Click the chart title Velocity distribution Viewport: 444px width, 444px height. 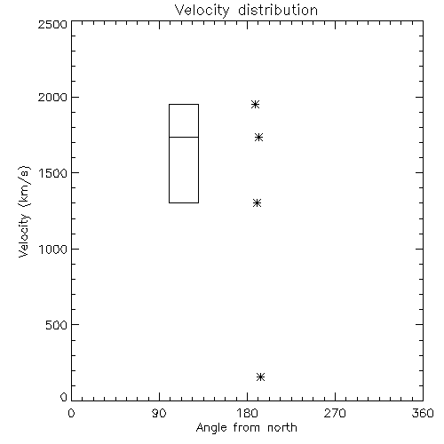click(x=246, y=11)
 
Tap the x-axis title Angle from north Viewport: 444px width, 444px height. click(x=246, y=428)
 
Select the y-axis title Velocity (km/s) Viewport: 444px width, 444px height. click(x=25, y=211)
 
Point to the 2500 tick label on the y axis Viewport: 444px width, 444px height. click(x=52, y=24)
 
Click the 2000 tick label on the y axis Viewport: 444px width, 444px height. click(x=52, y=97)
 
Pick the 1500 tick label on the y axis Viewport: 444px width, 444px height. click(x=53, y=173)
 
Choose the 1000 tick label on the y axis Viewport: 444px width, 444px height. click(x=53, y=250)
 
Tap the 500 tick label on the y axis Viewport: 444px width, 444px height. click(x=57, y=325)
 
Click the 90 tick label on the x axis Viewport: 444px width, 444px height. click(x=159, y=413)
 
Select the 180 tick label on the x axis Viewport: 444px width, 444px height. click(x=247, y=413)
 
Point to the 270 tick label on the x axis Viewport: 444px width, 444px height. click(x=335, y=413)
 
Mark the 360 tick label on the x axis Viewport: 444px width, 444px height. click(x=423, y=413)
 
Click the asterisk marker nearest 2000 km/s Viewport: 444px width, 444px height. click(x=255, y=105)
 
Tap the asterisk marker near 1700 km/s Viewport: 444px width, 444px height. click(x=258, y=138)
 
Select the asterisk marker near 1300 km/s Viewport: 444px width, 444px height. click(x=257, y=203)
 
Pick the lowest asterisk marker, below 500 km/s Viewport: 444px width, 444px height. click(x=260, y=377)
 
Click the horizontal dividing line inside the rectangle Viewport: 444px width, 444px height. click(x=184, y=137)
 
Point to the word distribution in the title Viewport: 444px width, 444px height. click(x=278, y=11)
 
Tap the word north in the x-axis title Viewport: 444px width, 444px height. click(x=282, y=428)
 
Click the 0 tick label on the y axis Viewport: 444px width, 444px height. click(x=64, y=397)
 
